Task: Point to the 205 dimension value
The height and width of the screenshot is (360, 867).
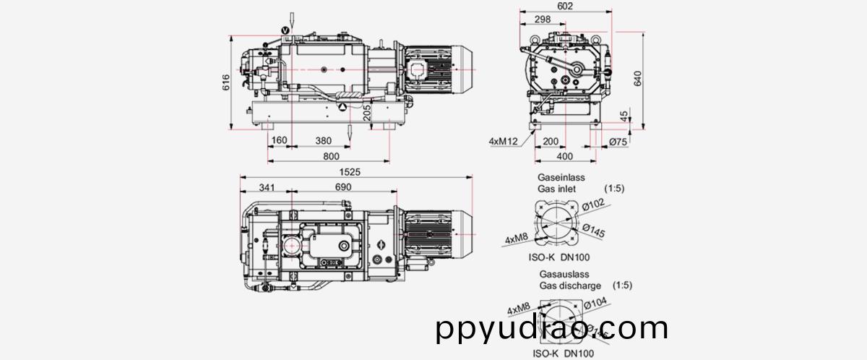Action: tap(366, 112)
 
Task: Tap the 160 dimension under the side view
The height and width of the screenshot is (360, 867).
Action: tap(279, 140)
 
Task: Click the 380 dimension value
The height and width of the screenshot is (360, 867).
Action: tap(324, 140)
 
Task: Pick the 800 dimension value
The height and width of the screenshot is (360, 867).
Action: tap(331, 156)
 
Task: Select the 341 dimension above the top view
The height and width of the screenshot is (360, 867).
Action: tap(267, 188)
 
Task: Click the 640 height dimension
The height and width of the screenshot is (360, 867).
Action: tap(637, 78)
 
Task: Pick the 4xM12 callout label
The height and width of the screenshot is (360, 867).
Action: tap(503, 142)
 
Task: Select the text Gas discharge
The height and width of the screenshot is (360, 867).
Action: tap(570, 286)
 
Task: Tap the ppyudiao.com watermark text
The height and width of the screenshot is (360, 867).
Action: tap(552, 330)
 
